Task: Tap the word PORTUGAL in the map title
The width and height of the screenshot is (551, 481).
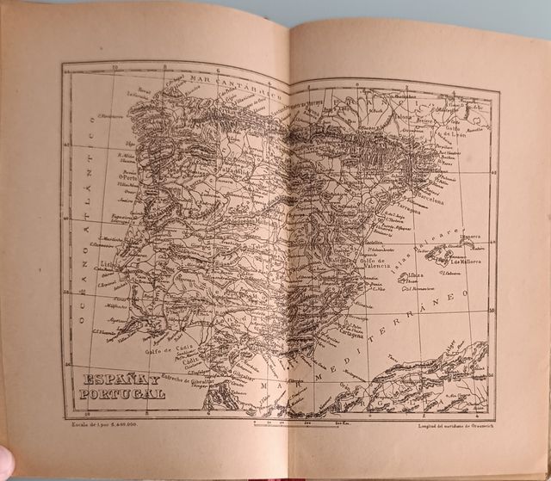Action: tap(120, 394)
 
